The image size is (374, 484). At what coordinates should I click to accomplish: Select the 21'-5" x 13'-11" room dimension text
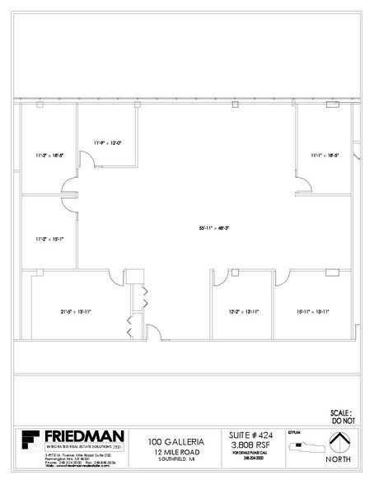(x=74, y=311)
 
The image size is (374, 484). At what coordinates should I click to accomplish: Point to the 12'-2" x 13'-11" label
(x=243, y=311)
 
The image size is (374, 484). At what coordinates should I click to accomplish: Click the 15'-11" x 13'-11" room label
(x=313, y=311)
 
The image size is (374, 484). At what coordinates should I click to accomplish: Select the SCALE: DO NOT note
(x=341, y=416)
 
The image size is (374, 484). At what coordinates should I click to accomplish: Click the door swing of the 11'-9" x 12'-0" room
(x=86, y=158)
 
